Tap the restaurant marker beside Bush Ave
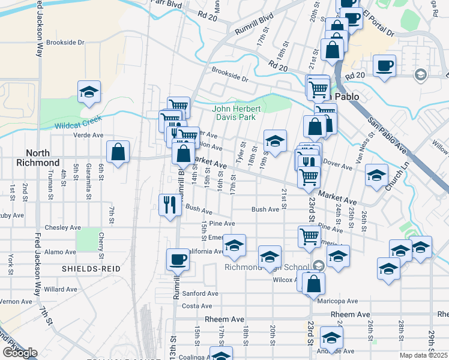click(169, 205)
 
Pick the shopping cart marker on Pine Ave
click(309, 236)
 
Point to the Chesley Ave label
click(67, 228)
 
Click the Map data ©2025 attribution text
click(423, 355)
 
